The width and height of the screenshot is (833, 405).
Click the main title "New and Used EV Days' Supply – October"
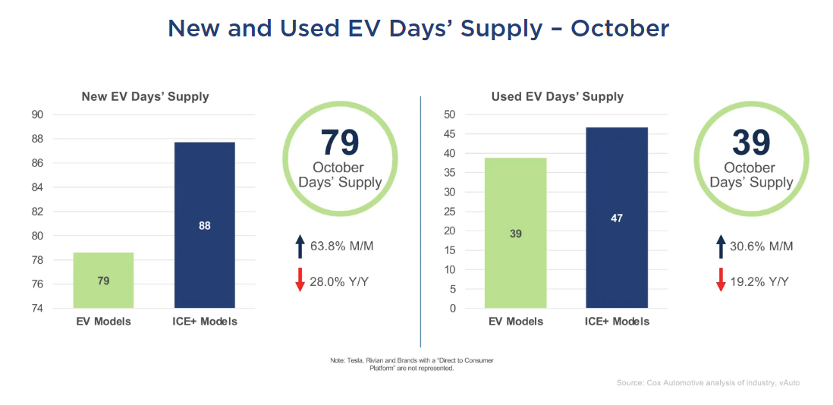pyautogui.click(x=418, y=29)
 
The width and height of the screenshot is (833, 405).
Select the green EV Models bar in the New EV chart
pyautogui.click(x=103, y=280)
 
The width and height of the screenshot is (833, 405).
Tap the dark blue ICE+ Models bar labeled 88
pyautogui.click(x=205, y=225)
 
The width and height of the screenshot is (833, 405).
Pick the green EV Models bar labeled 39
pyautogui.click(x=515, y=233)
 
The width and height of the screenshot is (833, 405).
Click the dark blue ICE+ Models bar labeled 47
pyautogui.click(x=617, y=218)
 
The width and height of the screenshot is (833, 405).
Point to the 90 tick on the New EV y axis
pyautogui.click(x=58, y=115)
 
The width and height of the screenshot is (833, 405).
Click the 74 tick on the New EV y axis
pyautogui.click(x=58, y=309)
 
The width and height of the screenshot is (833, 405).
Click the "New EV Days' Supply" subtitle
pyautogui.click(x=145, y=96)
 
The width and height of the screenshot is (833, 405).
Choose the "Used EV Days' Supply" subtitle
pyautogui.click(x=557, y=96)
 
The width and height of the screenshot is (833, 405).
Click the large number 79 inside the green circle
pyautogui.click(x=339, y=143)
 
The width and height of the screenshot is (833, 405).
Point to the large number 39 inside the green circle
pyautogui.click(x=751, y=143)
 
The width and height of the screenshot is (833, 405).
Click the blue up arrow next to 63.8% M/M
pyautogui.click(x=300, y=246)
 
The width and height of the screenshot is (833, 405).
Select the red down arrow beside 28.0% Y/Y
pyautogui.click(x=300, y=280)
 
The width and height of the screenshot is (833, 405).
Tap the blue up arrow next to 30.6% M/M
pyautogui.click(x=721, y=246)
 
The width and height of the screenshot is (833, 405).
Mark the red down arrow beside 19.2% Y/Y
pyautogui.click(x=721, y=280)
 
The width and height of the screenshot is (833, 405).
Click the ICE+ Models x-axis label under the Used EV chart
pyautogui.click(x=617, y=322)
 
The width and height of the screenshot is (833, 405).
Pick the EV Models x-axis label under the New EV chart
pyautogui.click(x=103, y=322)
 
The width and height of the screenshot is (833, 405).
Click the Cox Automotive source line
pyautogui.click(x=708, y=383)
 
